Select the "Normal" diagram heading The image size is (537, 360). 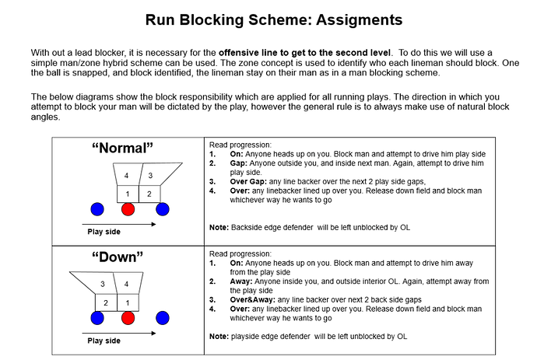click(123, 149)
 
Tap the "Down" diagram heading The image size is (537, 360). click(118, 257)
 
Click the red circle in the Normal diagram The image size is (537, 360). click(128, 209)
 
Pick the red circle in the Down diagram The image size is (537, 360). click(128, 318)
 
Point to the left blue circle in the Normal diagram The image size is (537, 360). click(97, 209)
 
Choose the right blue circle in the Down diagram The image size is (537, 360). click(163, 318)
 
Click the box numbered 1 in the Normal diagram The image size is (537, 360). click(128, 194)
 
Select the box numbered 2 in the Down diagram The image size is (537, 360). click(106, 302)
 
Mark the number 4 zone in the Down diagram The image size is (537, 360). click(128, 283)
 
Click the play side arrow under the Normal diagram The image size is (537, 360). click(119, 225)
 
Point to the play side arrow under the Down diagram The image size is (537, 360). click(119, 334)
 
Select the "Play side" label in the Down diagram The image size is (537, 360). click(104, 341)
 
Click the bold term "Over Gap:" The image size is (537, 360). click(248, 182)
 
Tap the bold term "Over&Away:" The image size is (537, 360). click(252, 300)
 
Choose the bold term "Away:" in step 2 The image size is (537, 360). click(241, 281)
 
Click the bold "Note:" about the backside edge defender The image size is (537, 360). click(219, 228)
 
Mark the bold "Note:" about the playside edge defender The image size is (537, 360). click(219, 337)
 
